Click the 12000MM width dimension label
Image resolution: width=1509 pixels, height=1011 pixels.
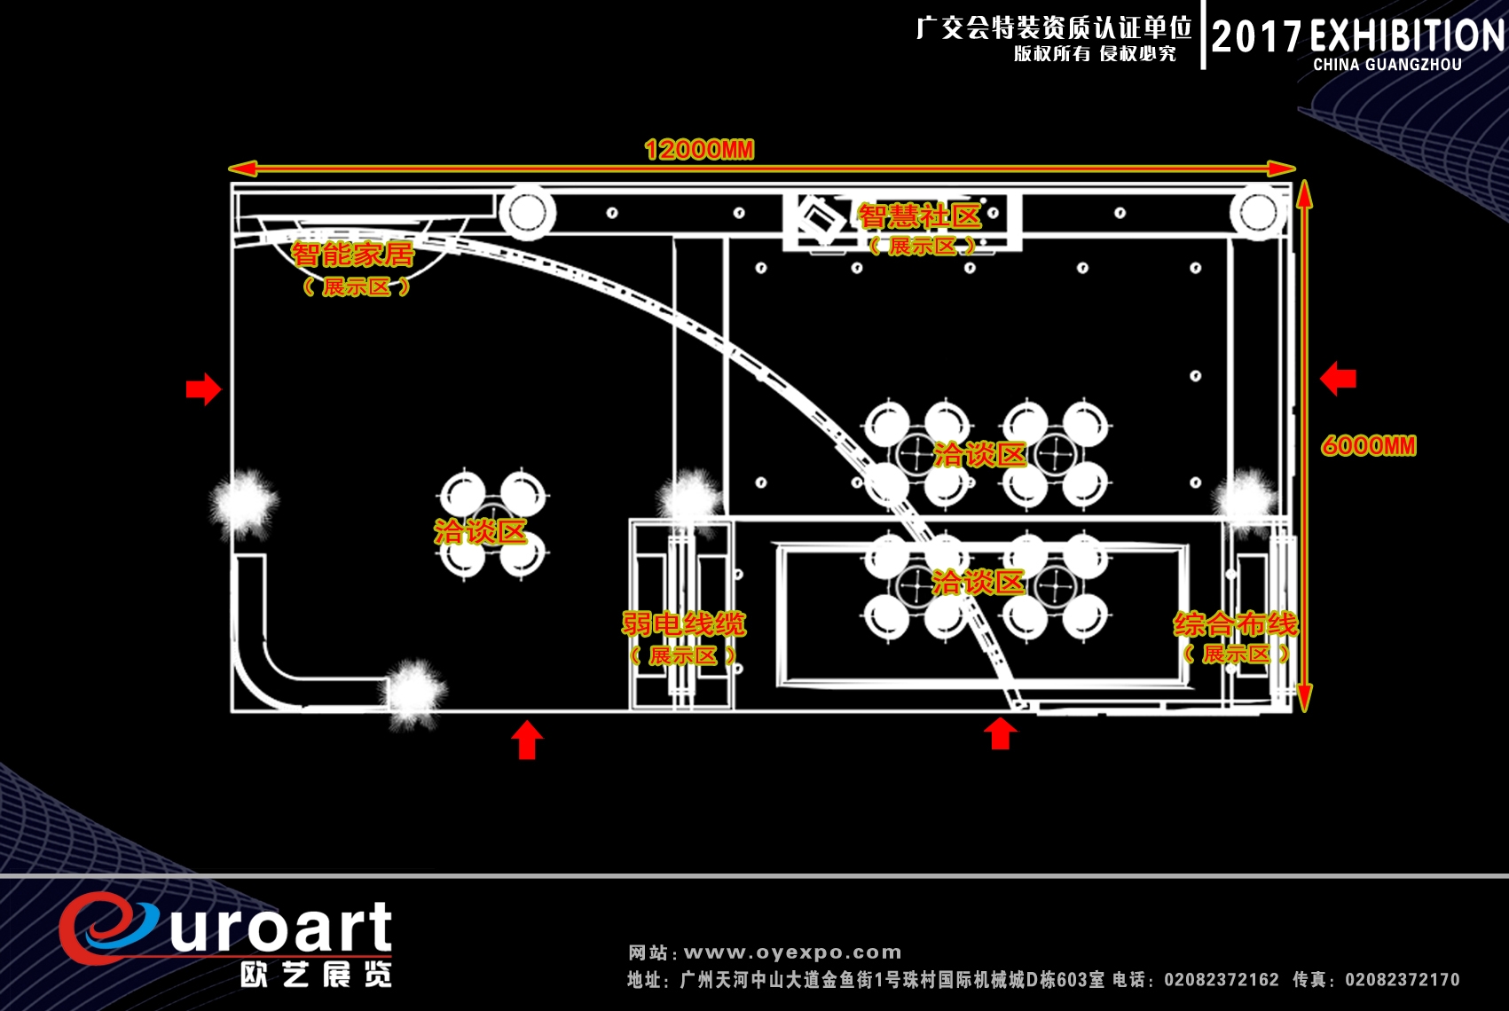[699, 150]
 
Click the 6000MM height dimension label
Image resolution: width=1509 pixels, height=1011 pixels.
[1369, 446]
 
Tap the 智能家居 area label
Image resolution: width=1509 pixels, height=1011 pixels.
[352, 255]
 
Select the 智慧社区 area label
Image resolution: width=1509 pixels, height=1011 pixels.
[920, 217]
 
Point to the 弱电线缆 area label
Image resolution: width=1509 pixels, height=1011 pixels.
[683, 623]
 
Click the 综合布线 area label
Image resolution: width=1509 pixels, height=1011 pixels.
[1236, 624]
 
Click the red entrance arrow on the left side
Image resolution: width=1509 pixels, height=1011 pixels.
[203, 388]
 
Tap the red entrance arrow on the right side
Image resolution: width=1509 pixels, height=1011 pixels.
[1338, 379]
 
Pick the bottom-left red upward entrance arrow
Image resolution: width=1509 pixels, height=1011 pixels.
[527, 740]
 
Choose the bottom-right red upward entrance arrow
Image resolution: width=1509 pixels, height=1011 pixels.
[1001, 733]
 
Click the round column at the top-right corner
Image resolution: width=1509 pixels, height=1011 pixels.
[1258, 213]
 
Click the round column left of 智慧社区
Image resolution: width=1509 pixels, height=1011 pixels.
[528, 212]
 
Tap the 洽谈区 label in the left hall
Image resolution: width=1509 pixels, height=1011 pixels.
[480, 531]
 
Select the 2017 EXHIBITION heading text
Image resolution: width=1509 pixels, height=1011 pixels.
[1357, 36]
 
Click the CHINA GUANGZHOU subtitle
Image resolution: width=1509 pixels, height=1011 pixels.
[1387, 65]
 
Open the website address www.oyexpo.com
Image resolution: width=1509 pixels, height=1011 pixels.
[792, 952]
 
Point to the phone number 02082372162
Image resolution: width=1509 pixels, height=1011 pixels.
[1222, 979]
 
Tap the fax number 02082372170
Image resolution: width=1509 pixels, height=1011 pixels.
[1403, 979]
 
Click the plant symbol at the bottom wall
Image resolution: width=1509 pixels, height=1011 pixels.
[413, 694]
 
